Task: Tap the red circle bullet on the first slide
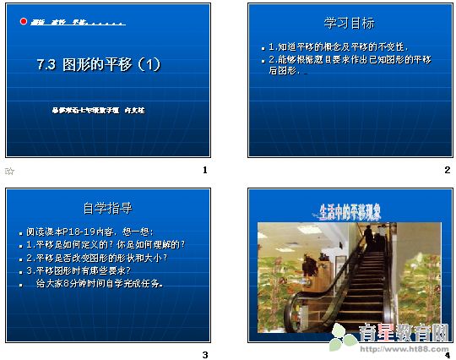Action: click(x=22, y=23)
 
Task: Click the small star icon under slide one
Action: click(x=10, y=171)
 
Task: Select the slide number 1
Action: click(x=204, y=171)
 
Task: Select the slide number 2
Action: click(x=447, y=171)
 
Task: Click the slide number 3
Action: click(x=204, y=354)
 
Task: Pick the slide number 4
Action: click(x=447, y=354)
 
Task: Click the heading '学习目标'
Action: click(x=350, y=24)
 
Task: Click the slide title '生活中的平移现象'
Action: click(x=350, y=210)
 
